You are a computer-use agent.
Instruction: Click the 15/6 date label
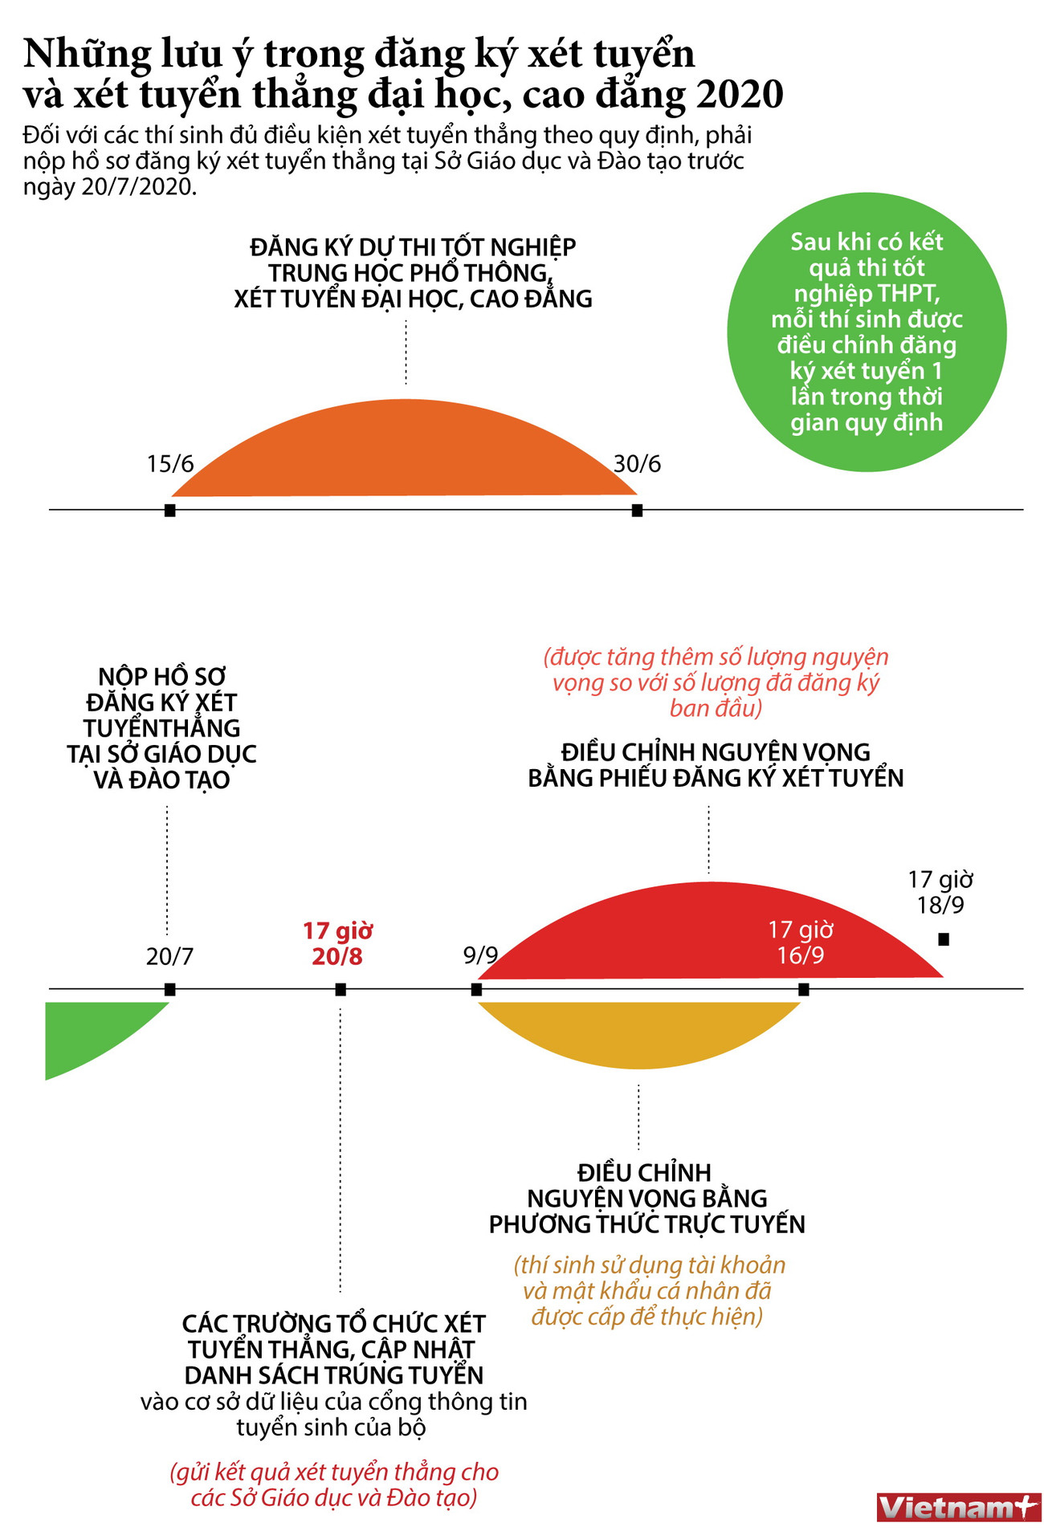click(x=170, y=464)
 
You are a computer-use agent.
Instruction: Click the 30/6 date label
click(x=637, y=464)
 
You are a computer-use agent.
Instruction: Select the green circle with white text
click(x=867, y=332)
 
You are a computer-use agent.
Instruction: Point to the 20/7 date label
click(x=169, y=956)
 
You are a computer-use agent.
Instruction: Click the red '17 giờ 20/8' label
click(x=338, y=943)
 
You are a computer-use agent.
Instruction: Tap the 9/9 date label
click(x=480, y=955)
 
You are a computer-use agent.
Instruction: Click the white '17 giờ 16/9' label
click(x=801, y=943)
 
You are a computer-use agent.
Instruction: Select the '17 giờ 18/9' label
click(x=940, y=892)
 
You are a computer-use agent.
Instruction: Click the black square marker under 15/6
click(x=169, y=511)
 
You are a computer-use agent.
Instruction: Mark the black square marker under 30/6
click(x=637, y=511)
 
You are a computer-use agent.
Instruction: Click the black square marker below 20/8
click(x=341, y=990)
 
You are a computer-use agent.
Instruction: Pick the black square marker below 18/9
click(x=944, y=939)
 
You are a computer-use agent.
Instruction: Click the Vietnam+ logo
click(x=957, y=1507)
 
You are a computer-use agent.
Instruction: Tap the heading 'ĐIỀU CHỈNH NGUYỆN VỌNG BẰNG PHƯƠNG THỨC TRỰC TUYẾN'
click(x=647, y=1198)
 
